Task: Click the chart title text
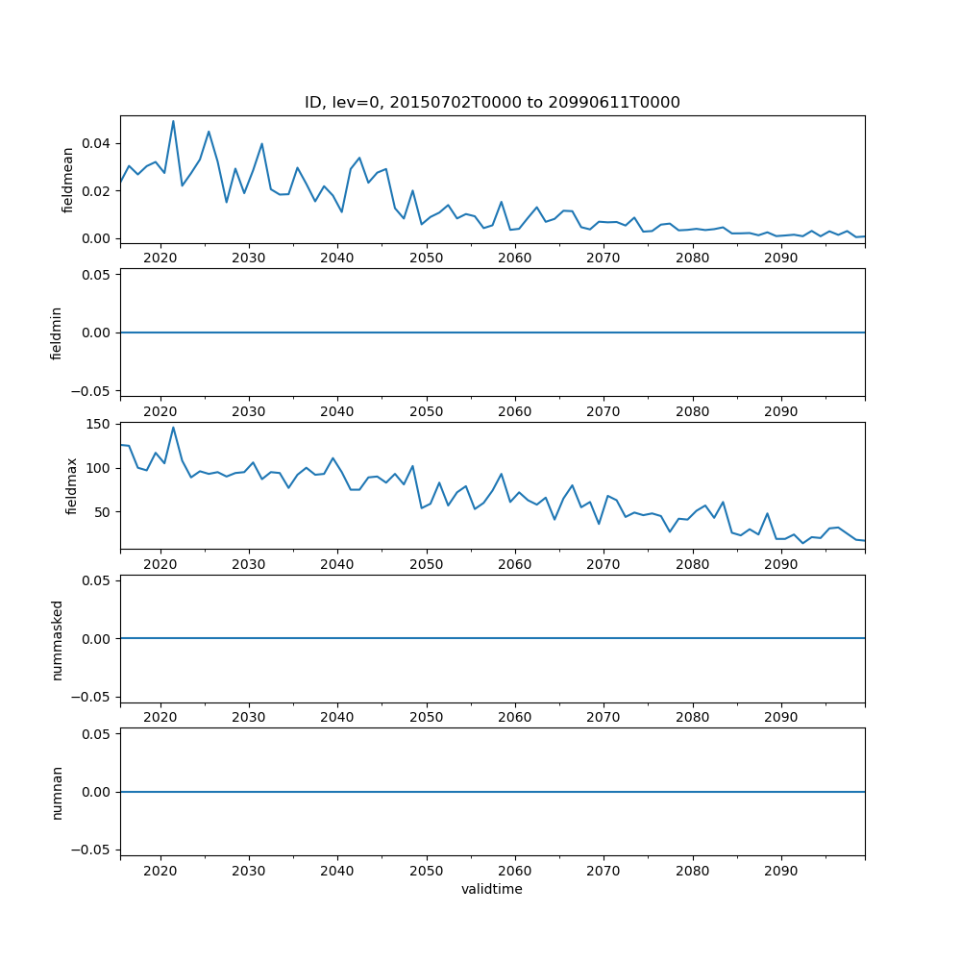tap(492, 103)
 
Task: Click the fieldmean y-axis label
tap(67, 180)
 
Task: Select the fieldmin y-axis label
tap(56, 333)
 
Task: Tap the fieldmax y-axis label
tap(70, 486)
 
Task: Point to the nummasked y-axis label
tap(57, 639)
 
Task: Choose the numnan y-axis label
tap(57, 792)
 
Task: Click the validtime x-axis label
tap(492, 890)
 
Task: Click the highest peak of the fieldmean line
tap(173, 121)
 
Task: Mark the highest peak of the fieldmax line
tap(173, 428)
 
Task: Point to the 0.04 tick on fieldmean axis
tap(99, 143)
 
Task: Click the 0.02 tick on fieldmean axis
tap(99, 191)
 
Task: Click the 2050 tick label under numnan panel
tap(426, 871)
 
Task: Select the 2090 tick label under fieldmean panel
tap(780, 259)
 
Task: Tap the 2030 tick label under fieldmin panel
tap(249, 411)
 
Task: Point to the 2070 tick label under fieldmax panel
tap(604, 564)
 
